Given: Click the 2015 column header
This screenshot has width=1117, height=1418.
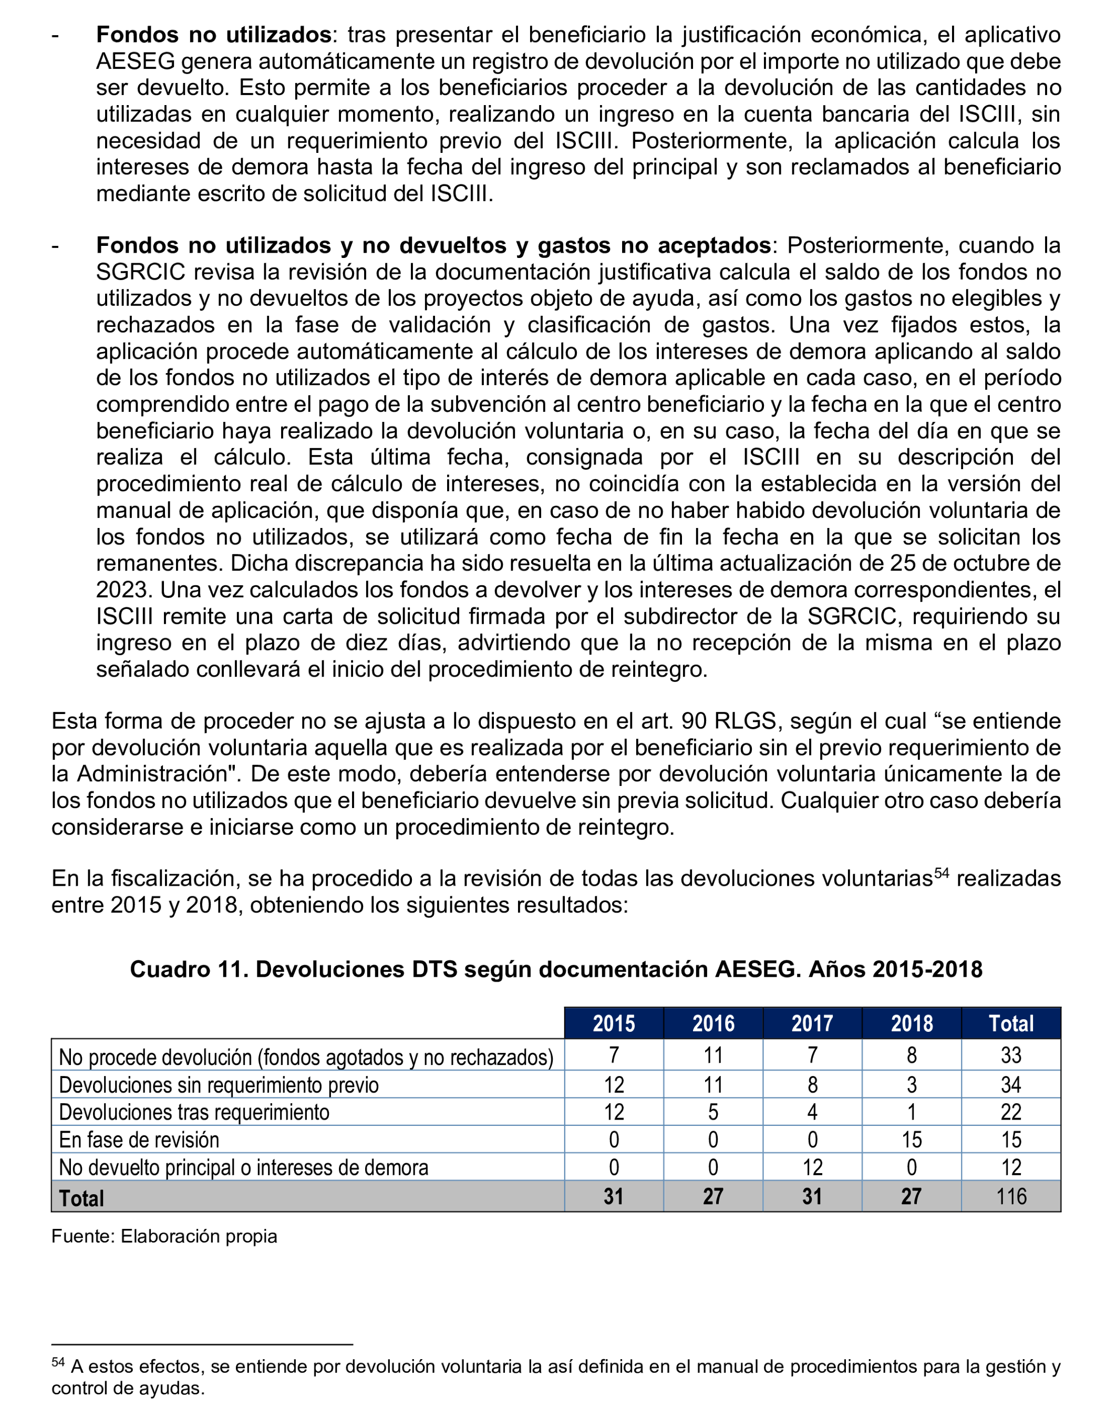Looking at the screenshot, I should pyautogui.click(x=614, y=1023).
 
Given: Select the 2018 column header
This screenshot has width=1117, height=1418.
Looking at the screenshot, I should pyautogui.click(x=911, y=1023).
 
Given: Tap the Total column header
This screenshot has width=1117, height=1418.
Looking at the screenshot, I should pyautogui.click(x=1010, y=1023).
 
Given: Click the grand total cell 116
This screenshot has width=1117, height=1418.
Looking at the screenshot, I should pyautogui.click(x=1010, y=1196).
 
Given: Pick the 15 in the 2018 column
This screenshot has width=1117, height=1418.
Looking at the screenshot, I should pyautogui.click(x=911, y=1140).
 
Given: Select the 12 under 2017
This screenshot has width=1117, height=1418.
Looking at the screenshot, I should pyautogui.click(x=812, y=1167).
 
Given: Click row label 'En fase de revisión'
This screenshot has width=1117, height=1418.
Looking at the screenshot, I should pyautogui.click(x=139, y=1140).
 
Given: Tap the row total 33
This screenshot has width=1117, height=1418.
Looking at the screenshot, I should pyautogui.click(x=1010, y=1055).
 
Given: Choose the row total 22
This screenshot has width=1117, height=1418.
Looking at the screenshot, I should pyautogui.click(x=1010, y=1112).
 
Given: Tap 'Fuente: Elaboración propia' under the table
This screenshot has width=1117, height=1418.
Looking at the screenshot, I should pyautogui.click(x=164, y=1236).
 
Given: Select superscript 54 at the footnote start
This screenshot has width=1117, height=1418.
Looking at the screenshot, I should pyautogui.click(x=58, y=1362).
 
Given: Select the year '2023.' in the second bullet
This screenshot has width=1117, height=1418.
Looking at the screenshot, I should pyautogui.click(x=124, y=590).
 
